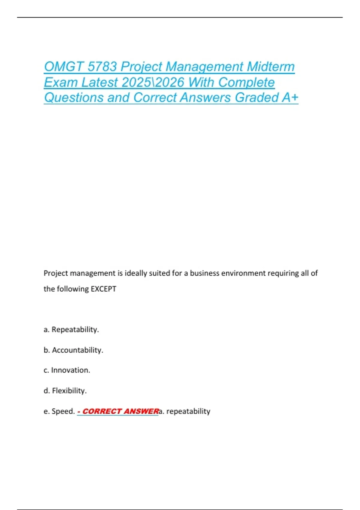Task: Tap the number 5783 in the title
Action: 102,67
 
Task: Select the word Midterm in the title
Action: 271,67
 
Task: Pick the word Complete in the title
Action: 246,82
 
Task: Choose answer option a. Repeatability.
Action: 71,329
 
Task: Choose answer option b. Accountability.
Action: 73,350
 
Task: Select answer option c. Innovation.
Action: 67,370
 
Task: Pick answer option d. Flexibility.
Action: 65,391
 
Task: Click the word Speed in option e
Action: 63,411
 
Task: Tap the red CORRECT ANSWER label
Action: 118,411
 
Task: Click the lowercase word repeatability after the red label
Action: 188,411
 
